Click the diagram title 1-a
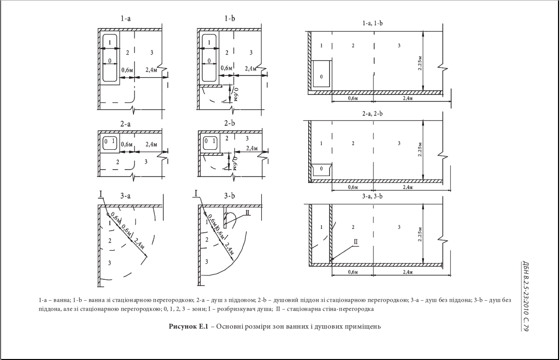click(x=126, y=19)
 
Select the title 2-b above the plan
click(x=229, y=123)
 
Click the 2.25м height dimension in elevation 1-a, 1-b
click(x=420, y=62)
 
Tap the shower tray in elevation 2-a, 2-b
click(x=322, y=170)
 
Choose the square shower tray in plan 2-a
click(x=109, y=142)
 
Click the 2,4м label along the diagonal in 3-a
click(x=139, y=244)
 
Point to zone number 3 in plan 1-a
click(x=152, y=52)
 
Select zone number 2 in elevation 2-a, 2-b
click(x=353, y=143)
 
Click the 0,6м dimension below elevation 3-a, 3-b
click(x=352, y=272)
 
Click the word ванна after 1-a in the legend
click(x=56, y=300)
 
